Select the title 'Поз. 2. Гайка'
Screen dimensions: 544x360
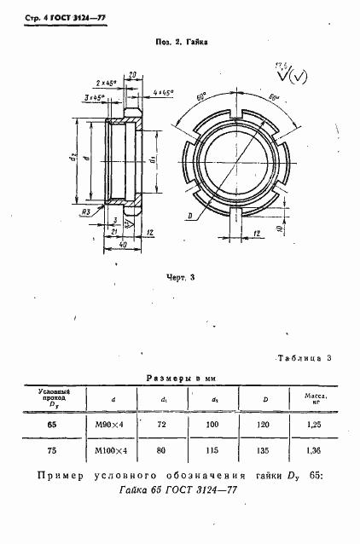point(181,40)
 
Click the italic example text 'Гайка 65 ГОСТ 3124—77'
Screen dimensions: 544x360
point(180,492)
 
